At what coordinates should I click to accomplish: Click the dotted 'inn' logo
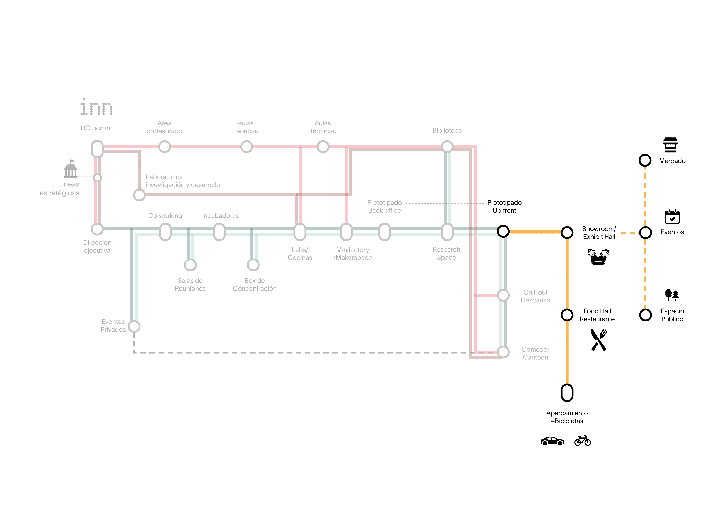(x=96, y=107)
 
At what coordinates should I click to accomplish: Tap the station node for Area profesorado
(x=164, y=147)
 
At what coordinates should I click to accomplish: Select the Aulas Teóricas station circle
(x=246, y=147)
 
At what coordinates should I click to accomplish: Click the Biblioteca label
(x=447, y=130)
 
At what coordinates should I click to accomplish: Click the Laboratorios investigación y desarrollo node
(x=139, y=195)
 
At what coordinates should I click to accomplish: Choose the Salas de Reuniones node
(x=190, y=265)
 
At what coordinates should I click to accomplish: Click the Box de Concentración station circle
(x=253, y=265)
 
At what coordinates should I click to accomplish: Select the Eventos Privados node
(x=134, y=326)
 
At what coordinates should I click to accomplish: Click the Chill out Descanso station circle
(x=503, y=295)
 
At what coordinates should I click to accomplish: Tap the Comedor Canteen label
(x=535, y=353)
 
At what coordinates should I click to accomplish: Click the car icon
(x=552, y=441)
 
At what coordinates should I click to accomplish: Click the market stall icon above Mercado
(x=670, y=145)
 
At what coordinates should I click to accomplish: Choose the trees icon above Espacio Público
(x=672, y=295)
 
